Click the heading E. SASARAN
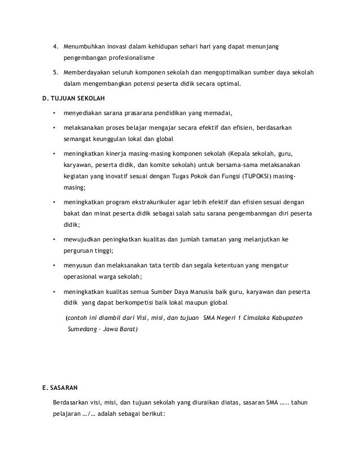tap(58, 388)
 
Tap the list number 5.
tap(55, 73)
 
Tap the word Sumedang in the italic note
tap(82, 329)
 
